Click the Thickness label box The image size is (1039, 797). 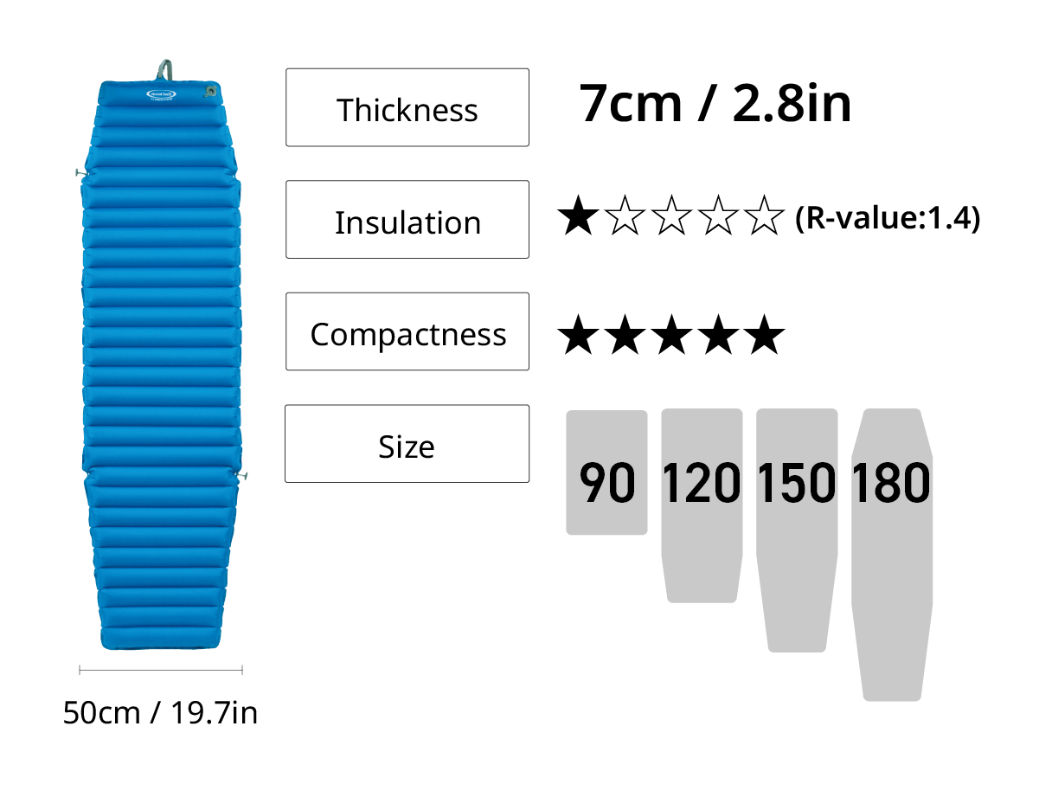coord(407,107)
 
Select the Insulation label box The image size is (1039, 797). coord(407,220)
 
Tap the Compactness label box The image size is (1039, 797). coord(407,331)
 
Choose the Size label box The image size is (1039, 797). coord(407,444)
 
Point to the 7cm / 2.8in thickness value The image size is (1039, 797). coord(715,103)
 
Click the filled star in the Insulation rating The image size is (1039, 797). coord(578,215)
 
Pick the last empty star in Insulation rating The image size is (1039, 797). coord(764,215)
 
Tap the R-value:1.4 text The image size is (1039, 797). coord(888,218)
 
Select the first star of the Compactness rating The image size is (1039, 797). coord(578,335)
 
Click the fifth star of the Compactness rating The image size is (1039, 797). coord(764,335)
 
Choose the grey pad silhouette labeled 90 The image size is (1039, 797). coord(606,472)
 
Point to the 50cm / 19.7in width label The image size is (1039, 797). coord(160,713)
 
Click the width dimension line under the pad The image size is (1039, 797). coord(161,670)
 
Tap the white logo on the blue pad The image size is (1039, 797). coord(161,94)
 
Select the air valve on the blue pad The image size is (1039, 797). coord(210,91)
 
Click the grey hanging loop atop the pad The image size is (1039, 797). coord(164,70)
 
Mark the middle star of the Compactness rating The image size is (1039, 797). coord(671,335)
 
